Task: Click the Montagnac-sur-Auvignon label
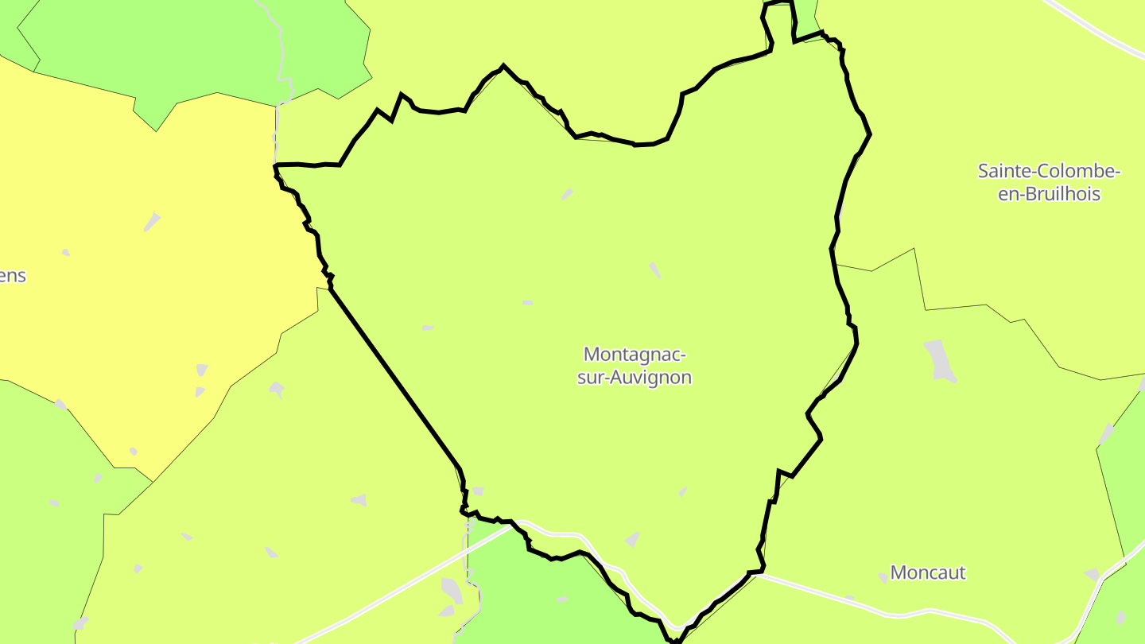pos(635,366)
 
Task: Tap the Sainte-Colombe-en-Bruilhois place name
pos(1049,182)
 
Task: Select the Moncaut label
pos(927,572)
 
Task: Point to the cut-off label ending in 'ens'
pos(14,277)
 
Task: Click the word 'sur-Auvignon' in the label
pos(635,378)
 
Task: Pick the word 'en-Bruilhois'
pos(1049,194)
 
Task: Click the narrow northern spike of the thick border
pos(780,20)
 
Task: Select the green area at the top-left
pos(199,48)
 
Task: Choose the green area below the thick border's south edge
pos(541,596)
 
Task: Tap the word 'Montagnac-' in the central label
pos(635,354)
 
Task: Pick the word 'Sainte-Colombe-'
pos(1049,170)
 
